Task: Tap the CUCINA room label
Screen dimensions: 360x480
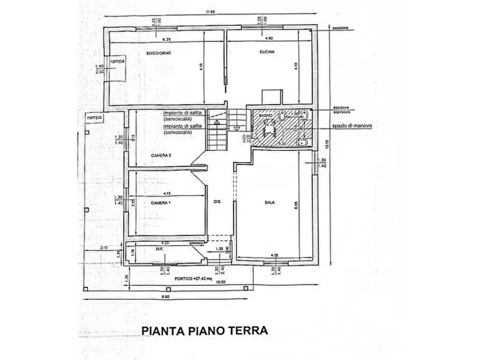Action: coord(267,53)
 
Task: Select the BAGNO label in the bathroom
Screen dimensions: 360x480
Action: coord(264,116)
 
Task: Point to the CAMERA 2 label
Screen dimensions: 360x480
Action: coord(161,155)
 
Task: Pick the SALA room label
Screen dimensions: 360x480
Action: coord(270,203)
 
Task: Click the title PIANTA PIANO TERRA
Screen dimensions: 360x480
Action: coord(204,330)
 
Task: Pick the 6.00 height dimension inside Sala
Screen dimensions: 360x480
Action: coord(295,204)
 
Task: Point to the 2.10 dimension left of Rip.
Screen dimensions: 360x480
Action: coord(104,247)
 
